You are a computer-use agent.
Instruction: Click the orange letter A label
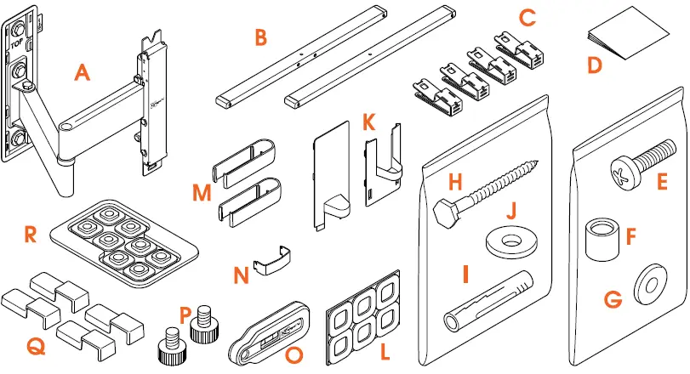82,74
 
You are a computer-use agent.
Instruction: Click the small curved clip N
275,258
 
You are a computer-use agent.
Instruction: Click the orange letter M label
202,193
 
